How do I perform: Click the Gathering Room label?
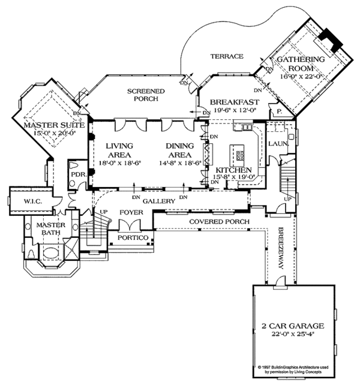301,64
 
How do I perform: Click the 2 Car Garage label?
293,326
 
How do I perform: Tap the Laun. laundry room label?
279,144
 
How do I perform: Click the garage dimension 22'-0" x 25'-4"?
293,334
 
